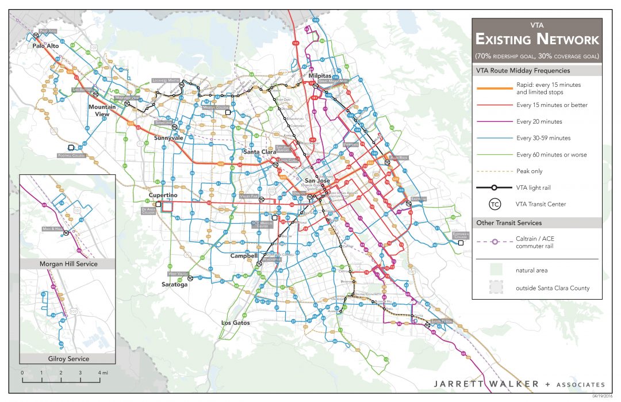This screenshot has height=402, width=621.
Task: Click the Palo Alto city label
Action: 46,45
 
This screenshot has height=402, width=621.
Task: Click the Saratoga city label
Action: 174,284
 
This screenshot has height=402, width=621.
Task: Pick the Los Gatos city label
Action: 236,323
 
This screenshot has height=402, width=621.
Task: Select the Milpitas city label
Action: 320,75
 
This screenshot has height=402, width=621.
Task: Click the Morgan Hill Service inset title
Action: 68,264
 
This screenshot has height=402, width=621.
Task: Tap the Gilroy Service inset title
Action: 68,359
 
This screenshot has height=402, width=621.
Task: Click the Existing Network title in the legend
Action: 536,40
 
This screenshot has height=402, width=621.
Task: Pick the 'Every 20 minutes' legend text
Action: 539,121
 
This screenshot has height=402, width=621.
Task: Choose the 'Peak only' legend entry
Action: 529,171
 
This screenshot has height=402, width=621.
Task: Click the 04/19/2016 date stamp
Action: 603,396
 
